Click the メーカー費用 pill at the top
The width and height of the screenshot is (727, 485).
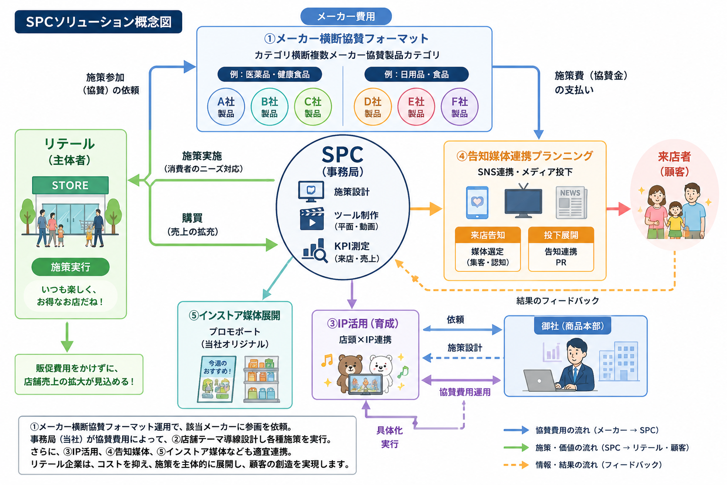click(x=346, y=16)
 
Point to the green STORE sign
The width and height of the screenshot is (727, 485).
click(x=71, y=185)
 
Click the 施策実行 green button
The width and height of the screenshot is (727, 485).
click(x=71, y=267)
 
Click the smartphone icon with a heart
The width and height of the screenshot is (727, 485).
click(x=477, y=202)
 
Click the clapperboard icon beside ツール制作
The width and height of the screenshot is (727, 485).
click(x=312, y=219)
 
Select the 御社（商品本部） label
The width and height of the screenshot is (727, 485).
click(x=573, y=326)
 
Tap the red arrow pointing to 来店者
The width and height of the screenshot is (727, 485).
click(x=619, y=209)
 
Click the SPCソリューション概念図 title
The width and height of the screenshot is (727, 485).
click(x=98, y=22)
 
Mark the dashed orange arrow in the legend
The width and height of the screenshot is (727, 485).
click(x=516, y=465)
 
